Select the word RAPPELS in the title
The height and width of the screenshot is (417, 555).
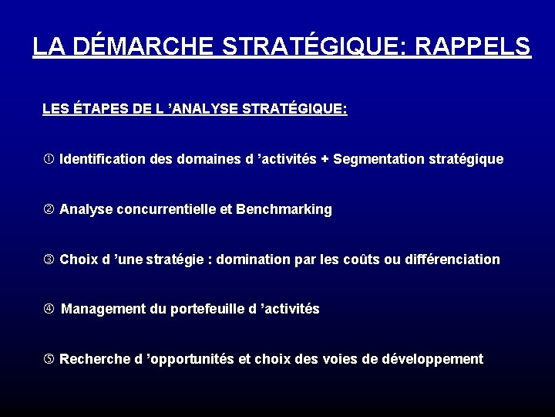tap(473, 47)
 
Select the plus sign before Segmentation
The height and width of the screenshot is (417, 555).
tap(325, 159)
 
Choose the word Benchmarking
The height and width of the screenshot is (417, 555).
tap(284, 209)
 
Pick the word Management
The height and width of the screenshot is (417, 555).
tap(104, 309)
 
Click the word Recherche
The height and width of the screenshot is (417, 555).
tap(92, 359)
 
